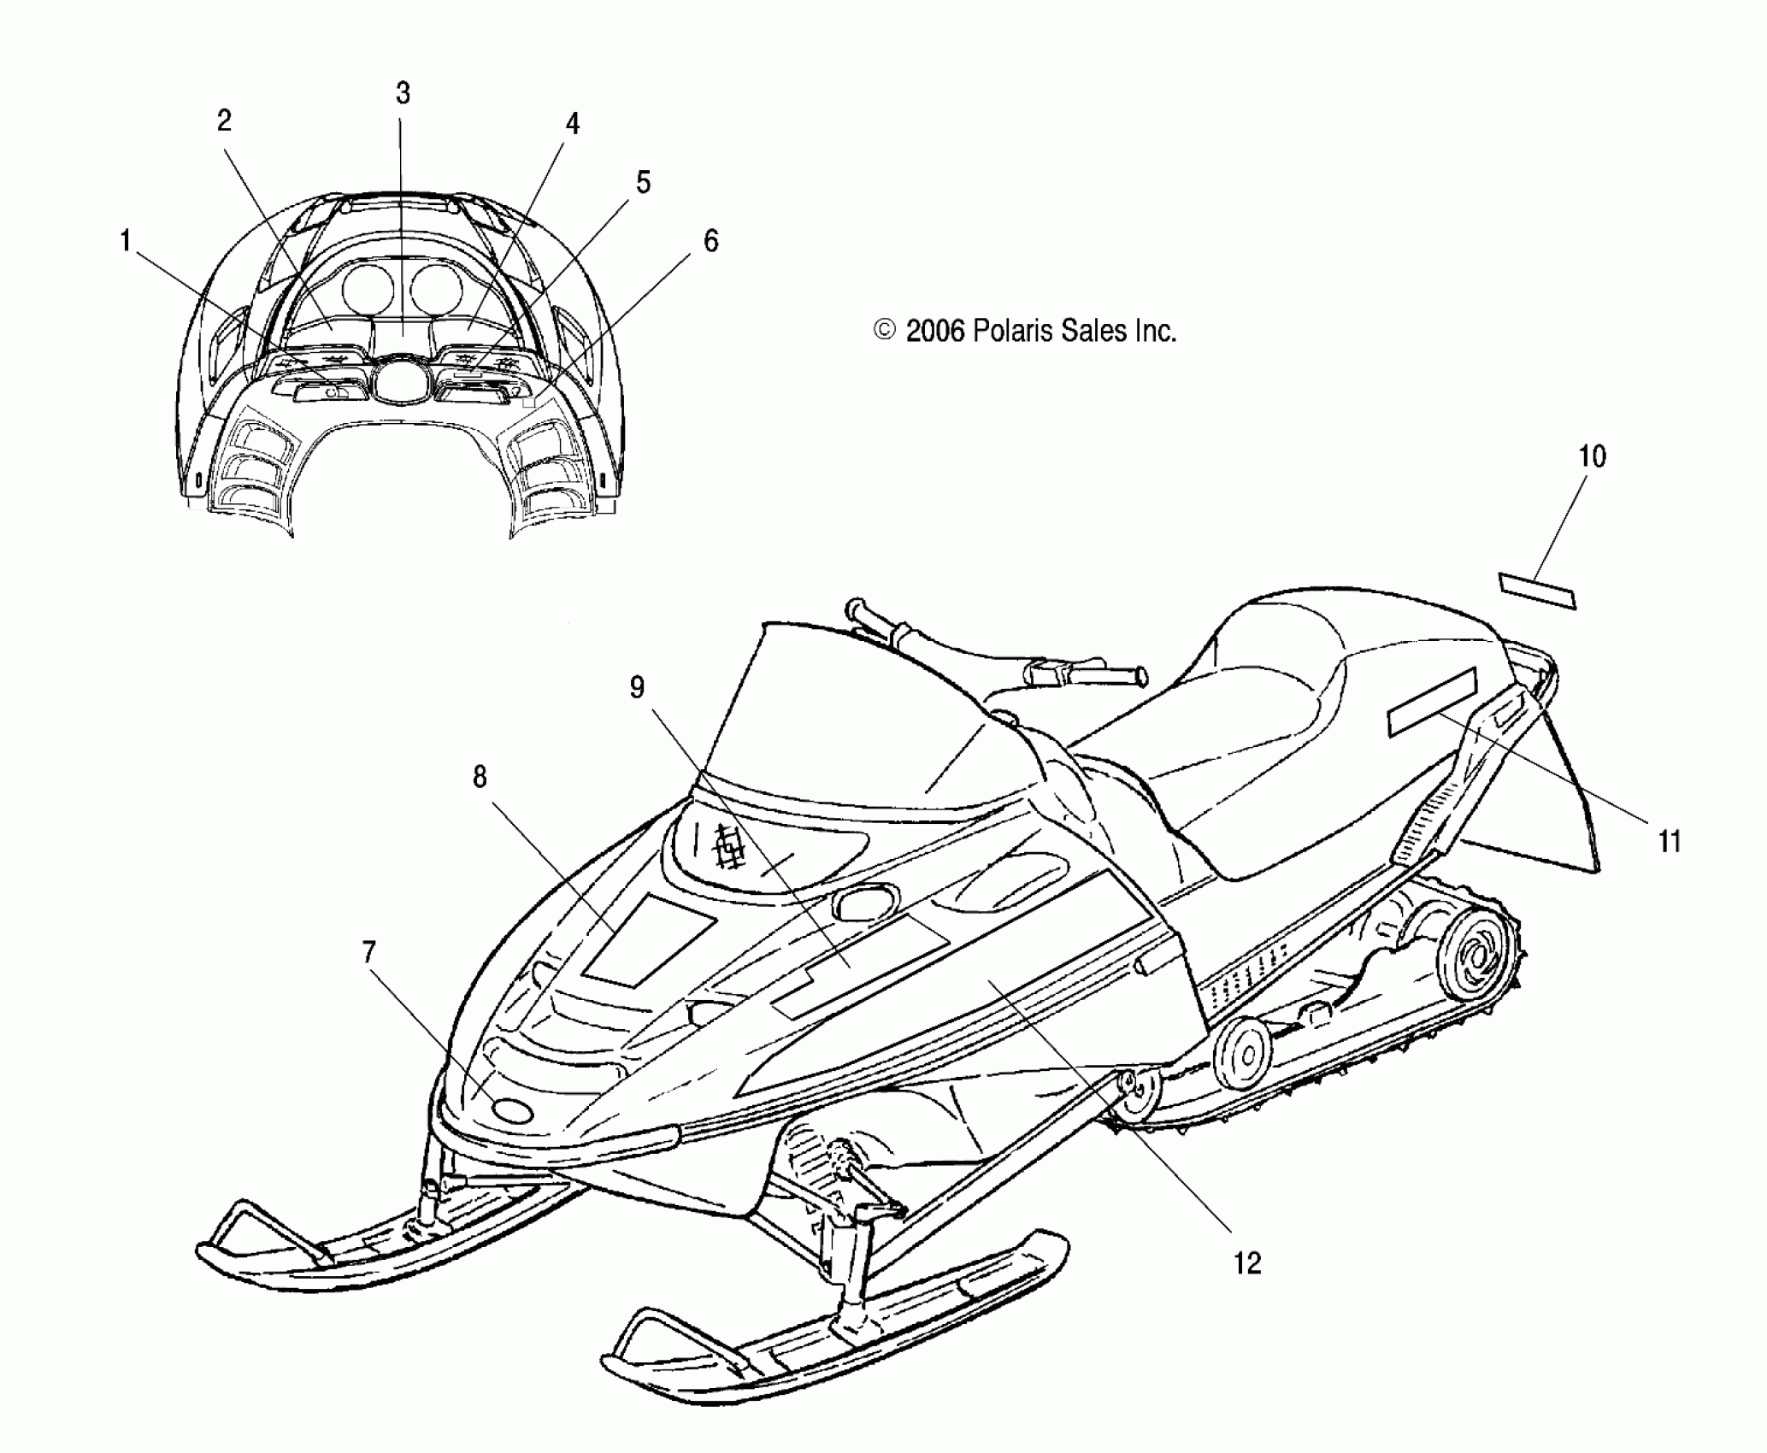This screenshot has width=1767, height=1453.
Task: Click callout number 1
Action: pos(126,243)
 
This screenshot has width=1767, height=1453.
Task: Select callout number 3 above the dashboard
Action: pos(403,93)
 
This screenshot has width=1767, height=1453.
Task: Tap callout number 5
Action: pos(643,182)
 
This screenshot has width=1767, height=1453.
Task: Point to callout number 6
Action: pos(710,242)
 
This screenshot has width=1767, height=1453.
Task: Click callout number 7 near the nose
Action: pos(368,952)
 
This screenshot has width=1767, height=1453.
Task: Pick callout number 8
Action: pos(479,777)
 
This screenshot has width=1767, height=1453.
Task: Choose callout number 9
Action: pos(637,688)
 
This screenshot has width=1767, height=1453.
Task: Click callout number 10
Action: pos(1592,456)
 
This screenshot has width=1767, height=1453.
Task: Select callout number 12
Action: pos(1247,1263)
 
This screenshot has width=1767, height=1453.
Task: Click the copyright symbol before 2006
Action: pos(886,331)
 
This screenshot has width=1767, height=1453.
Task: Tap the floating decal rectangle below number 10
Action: pos(1537,591)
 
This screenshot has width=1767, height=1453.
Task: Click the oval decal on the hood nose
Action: pos(512,1110)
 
